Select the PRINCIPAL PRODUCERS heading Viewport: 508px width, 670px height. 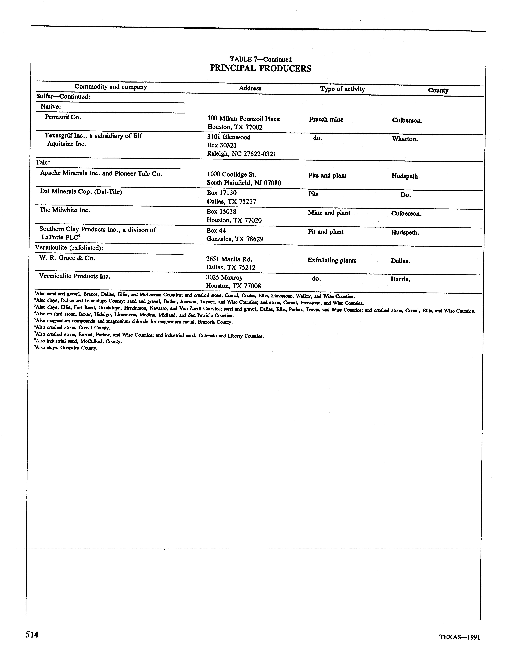coord(261,68)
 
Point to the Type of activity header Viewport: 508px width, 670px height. coord(342,89)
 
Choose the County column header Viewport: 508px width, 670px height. coord(438,90)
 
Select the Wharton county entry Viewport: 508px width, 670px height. coord(405,139)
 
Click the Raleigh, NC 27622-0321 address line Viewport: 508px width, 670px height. coord(241,154)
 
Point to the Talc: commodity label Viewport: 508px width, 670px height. coord(43,162)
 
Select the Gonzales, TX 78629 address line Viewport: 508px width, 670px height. coord(235,239)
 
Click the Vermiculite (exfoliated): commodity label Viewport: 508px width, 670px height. coord(69,248)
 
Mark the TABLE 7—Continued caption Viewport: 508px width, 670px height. coord(261,59)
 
